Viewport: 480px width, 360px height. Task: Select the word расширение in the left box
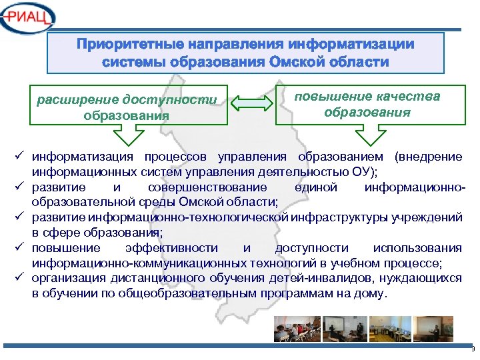coord(78,99)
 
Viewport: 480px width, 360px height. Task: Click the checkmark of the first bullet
coord(21,157)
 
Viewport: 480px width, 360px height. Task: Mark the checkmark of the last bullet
coord(21,278)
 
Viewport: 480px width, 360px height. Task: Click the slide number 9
coord(472,349)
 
